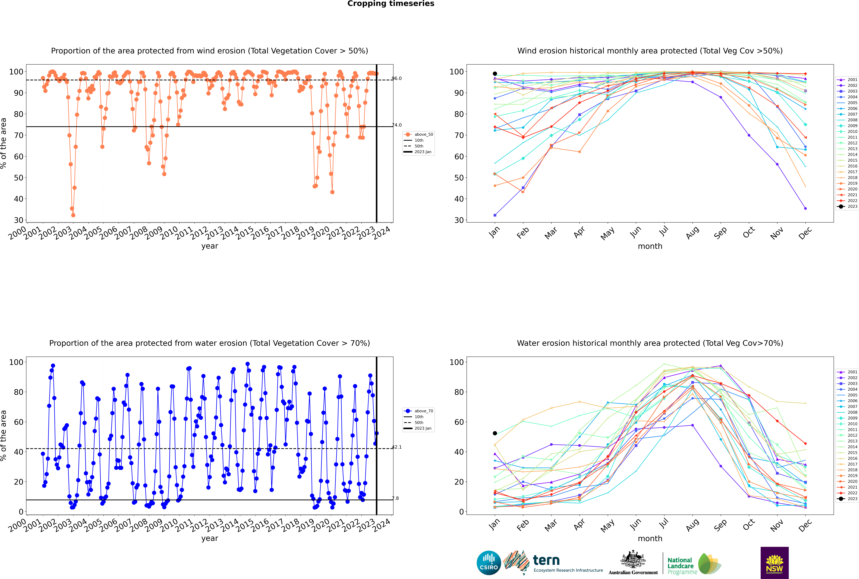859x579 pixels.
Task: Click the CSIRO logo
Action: click(489, 563)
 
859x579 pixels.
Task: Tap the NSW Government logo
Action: click(774, 562)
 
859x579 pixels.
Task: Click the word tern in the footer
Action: click(546, 561)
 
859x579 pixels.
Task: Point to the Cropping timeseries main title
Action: click(391, 4)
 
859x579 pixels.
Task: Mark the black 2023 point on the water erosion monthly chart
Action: click(495, 433)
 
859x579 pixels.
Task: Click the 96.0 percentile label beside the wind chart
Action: click(397, 78)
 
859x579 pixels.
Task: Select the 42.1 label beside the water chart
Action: click(397, 447)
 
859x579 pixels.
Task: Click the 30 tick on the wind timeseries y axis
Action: click(18, 220)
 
